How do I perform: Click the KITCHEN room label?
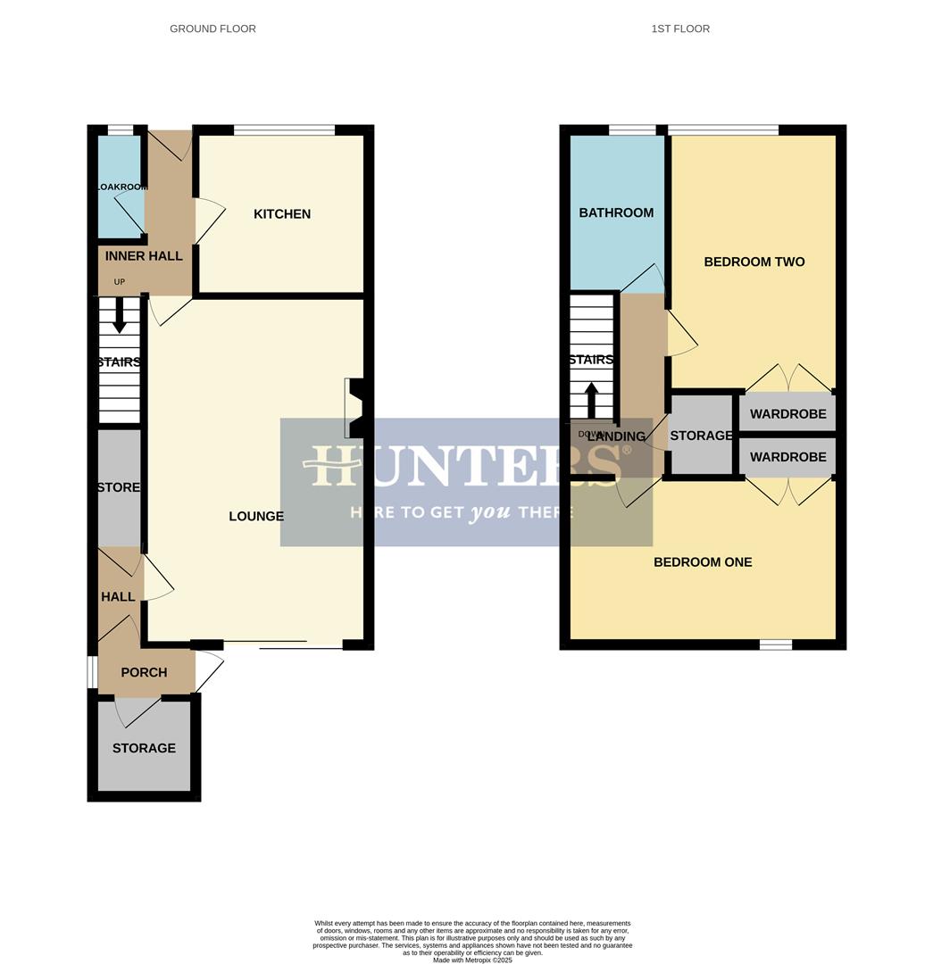[282, 214]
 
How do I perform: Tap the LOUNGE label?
[256, 517]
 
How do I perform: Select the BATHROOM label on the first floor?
[616, 213]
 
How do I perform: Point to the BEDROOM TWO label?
[754, 262]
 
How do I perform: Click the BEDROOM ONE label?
[703, 562]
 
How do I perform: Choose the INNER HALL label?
[144, 256]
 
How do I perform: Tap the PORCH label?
[144, 672]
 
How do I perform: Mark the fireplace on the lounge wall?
[354, 408]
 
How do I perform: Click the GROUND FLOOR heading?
[212, 29]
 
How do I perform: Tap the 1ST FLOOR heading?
[680, 29]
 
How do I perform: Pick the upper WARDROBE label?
[787, 414]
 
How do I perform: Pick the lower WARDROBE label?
[787, 457]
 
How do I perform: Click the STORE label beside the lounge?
[119, 487]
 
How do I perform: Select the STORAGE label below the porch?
[144, 748]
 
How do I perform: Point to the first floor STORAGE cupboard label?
[701, 436]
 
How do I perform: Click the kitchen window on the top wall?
[285, 130]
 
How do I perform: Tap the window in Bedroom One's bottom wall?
[775, 644]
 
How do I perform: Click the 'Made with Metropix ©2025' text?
[472, 960]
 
